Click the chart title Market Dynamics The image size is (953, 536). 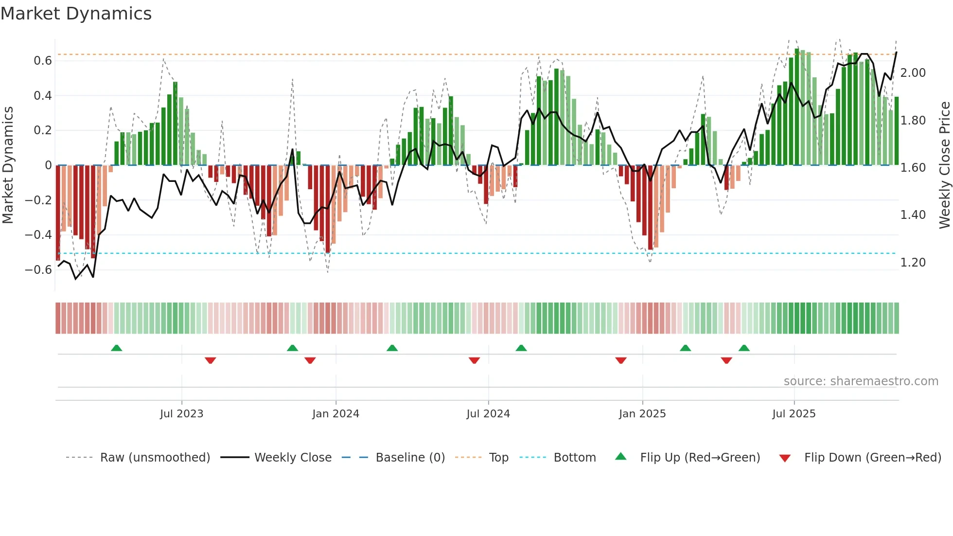pos(76,14)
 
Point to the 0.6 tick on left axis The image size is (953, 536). pos(42,61)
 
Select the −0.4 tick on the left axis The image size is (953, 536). pos(38,235)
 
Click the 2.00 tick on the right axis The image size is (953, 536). pos(913,73)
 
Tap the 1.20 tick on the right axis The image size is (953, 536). pos(913,263)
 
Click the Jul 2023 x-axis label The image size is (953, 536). pos(181,414)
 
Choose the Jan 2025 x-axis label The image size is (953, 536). pos(642,414)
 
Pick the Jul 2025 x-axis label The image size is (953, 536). pos(794,414)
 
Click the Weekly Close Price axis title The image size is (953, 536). pos(944,165)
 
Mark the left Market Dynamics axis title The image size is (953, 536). pos(8,165)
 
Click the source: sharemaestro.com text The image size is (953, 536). pos(861,381)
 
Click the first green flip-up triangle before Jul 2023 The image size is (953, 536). pos(116,348)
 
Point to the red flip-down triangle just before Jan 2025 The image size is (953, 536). pos(620,360)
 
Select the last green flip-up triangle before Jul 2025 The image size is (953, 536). pos(743,348)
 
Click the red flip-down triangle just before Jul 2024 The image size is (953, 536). pos(474,360)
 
